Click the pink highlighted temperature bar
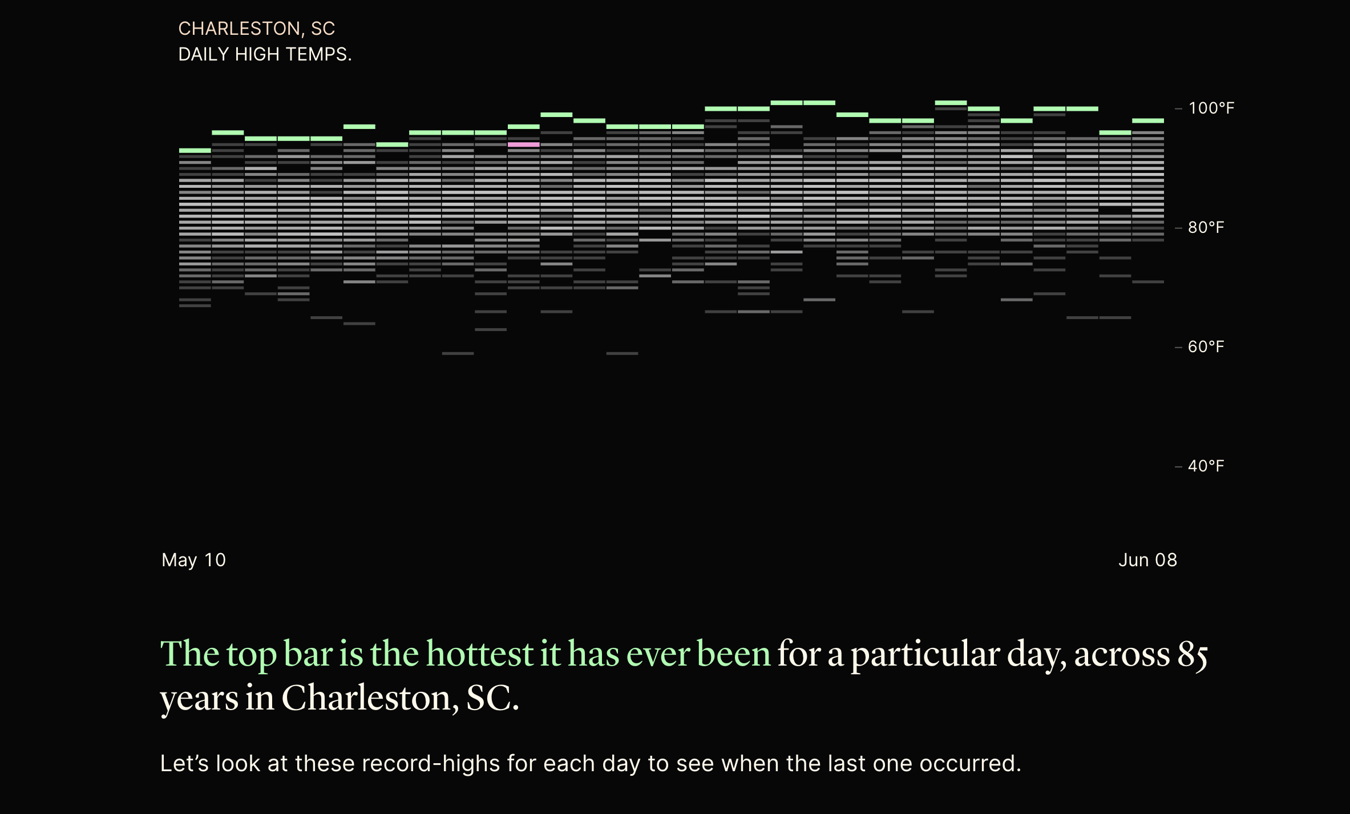(523, 145)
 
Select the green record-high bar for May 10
(195, 151)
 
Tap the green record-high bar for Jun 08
(1148, 121)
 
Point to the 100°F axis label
(1211, 108)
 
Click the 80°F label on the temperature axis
(1206, 228)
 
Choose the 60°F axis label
(1206, 347)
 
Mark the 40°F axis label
(1206, 466)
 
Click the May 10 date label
(194, 560)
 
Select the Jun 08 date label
(1147, 560)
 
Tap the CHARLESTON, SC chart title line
(256, 29)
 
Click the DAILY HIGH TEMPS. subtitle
(265, 54)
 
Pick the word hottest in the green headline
(479, 654)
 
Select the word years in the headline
(199, 699)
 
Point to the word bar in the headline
(308, 654)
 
